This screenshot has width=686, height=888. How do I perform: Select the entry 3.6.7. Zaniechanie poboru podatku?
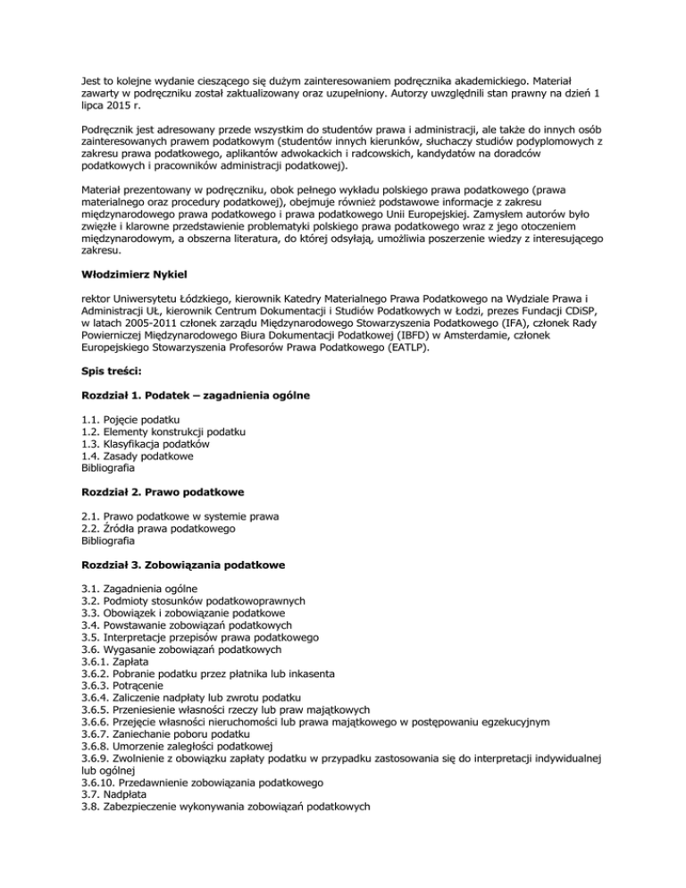[x=147, y=749]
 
